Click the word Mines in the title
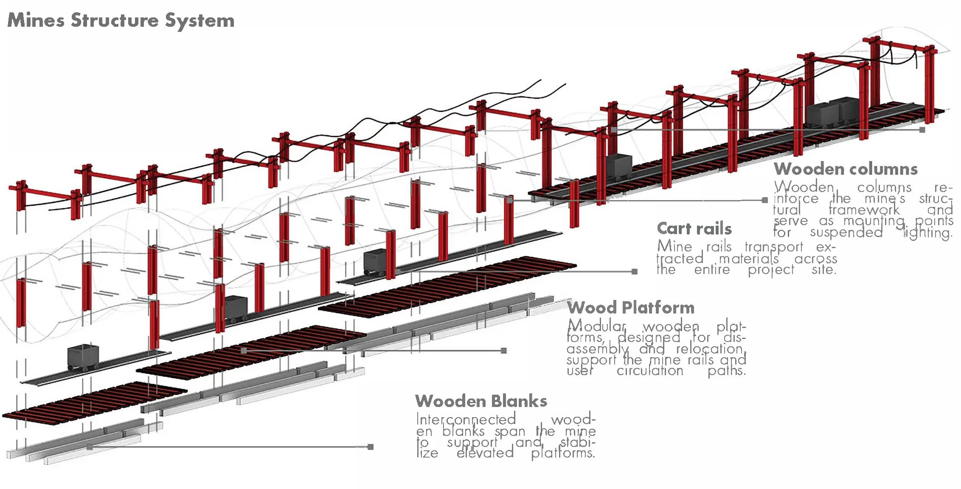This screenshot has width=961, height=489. click(x=36, y=20)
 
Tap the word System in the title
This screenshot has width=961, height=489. click(x=200, y=21)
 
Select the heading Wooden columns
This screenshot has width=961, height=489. click(x=846, y=169)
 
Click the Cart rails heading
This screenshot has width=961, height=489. click(x=694, y=229)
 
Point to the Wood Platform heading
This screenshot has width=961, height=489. click(x=631, y=307)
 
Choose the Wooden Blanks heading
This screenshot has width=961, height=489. click(x=481, y=401)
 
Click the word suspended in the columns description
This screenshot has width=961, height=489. click(x=846, y=232)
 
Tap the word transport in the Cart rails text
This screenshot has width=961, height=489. click(x=774, y=247)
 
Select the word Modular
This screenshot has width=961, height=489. click(x=596, y=326)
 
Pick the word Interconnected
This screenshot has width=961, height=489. click(x=466, y=420)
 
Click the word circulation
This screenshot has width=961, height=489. click(x=650, y=371)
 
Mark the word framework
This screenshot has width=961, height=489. click(x=864, y=210)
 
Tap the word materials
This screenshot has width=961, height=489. click(x=749, y=258)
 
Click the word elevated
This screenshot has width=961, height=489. click(x=485, y=453)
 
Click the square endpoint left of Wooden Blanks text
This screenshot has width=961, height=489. click(x=371, y=447)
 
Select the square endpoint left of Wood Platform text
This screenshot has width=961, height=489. click(x=504, y=350)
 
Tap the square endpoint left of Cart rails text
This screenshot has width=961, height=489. click(x=635, y=271)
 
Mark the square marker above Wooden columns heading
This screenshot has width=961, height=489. click(x=922, y=130)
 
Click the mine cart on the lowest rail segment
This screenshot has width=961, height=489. click(x=83, y=357)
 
